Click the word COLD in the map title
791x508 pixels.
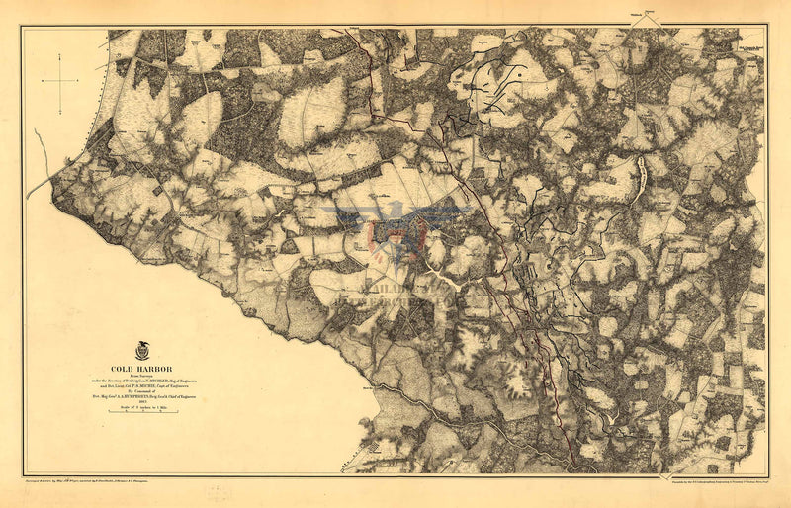[x=128, y=367]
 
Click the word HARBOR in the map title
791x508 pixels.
[x=157, y=367]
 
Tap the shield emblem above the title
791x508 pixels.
[x=142, y=350]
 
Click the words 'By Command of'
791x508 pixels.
[x=142, y=391]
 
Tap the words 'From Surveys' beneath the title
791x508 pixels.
[x=142, y=374]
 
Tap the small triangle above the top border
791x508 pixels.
[x=650, y=13]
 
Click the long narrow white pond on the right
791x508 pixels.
[x=640, y=175]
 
